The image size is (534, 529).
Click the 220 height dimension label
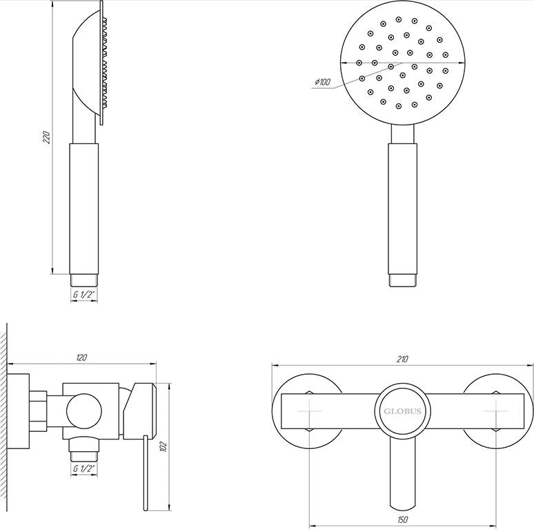tap(47, 137)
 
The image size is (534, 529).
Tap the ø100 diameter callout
tap(322, 82)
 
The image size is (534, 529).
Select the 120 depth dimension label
tap(81, 357)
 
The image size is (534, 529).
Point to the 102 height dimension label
tap(164, 446)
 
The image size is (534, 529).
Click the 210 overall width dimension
tap(402, 359)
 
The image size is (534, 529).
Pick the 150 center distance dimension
tap(402, 520)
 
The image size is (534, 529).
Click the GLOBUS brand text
tap(402, 411)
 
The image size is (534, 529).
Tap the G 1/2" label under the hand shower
tap(83, 294)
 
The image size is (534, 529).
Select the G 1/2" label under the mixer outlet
tap(83, 468)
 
